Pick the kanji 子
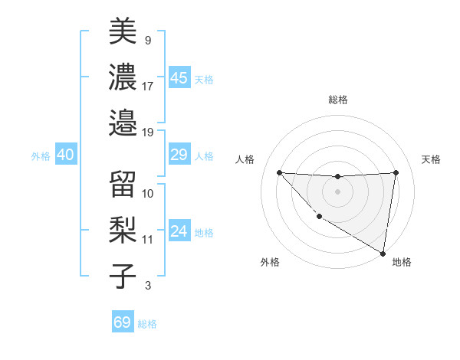tap(123, 275)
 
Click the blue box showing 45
tap(179, 78)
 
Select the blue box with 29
tap(179, 155)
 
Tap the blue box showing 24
tap(179, 232)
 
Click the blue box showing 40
tap(65, 155)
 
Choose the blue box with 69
tap(123, 322)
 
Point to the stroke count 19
tap(148, 132)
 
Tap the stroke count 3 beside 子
tap(147, 286)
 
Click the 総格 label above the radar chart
tap(337, 100)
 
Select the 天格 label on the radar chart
tap(432, 159)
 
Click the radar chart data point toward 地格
tap(383, 254)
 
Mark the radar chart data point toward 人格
tap(279, 172)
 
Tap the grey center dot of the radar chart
tap(337, 191)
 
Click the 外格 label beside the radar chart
tap(270, 263)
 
